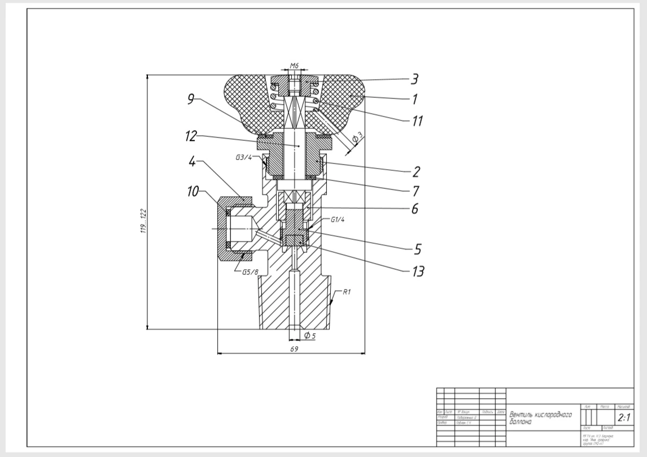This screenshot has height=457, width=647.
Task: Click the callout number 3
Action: point(414,79)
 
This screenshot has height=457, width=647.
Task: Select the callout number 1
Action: point(414,99)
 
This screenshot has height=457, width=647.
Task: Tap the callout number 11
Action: point(416,120)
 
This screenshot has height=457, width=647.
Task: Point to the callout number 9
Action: point(191,100)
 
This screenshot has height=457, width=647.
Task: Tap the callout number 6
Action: point(415,209)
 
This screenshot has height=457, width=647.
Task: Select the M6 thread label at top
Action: point(294,66)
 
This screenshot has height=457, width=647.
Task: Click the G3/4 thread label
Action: point(244,158)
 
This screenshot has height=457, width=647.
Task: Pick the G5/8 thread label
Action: point(250,273)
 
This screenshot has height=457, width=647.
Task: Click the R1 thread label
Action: point(347,293)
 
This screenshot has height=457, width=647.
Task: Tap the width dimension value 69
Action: point(294,350)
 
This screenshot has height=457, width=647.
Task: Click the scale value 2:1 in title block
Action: point(624,419)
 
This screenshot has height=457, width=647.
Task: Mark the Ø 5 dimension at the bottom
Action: point(310,336)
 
